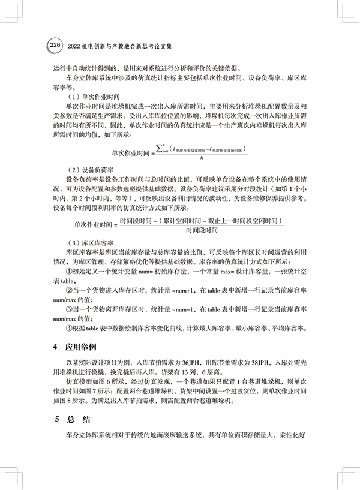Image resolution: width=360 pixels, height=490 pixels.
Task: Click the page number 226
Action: click(x=55, y=45)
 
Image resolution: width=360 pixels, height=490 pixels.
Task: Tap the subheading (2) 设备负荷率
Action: click(x=89, y=170)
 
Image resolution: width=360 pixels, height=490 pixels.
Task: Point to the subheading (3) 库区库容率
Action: click(x=89, y=243)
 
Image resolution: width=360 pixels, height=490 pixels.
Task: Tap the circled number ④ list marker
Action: click(x=69, y=327)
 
